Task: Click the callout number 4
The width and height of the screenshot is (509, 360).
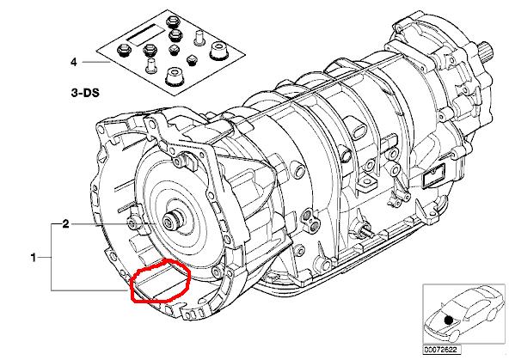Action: point(74,62)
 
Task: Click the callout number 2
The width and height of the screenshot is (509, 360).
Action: point(66,223)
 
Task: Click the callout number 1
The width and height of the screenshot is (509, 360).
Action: point(34,258)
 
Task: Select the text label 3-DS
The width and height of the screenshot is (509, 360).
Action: point(85,93)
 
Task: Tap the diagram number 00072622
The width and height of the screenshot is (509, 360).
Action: point(441,350)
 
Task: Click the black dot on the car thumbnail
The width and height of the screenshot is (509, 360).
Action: point(449,320)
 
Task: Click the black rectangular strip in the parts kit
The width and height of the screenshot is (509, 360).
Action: point(146,34)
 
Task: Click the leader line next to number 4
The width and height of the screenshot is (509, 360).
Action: point(96,62)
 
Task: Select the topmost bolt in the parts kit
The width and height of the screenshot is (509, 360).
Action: point(171,22)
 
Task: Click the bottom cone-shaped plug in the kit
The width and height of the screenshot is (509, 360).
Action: point(173,77)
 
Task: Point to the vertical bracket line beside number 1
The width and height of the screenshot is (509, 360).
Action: point(52,257)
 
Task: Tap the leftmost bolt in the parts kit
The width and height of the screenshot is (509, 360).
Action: point(123,50)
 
